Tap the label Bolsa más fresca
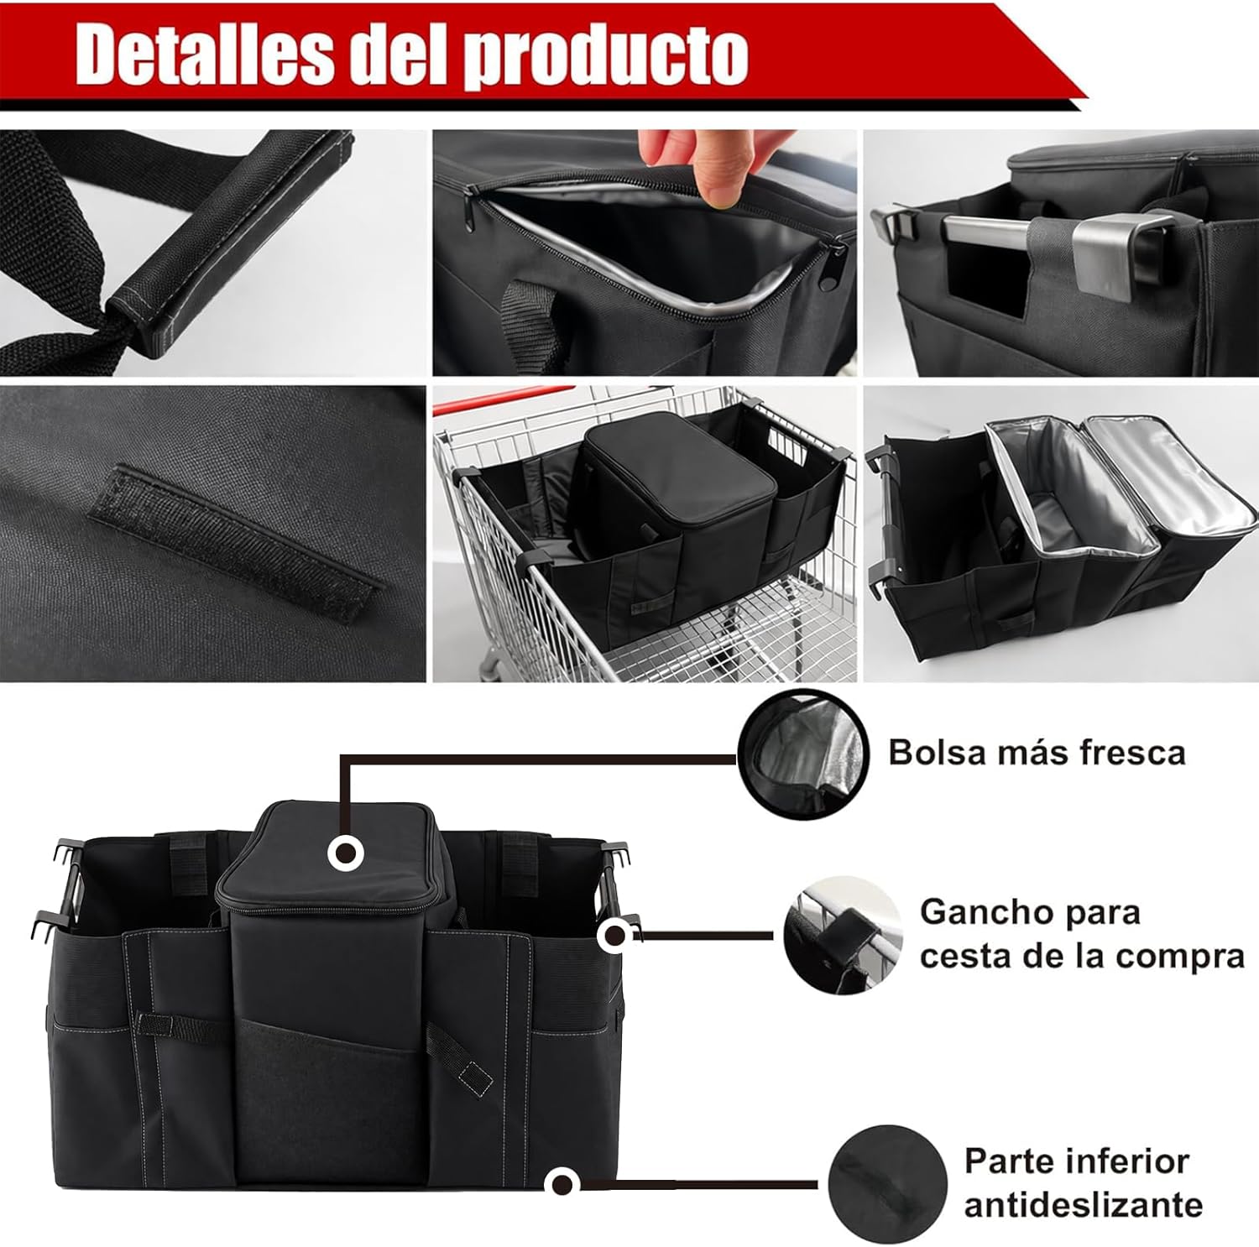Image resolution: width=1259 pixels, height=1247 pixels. [1037, 753]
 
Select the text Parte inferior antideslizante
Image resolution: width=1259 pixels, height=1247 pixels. [1084, 1182]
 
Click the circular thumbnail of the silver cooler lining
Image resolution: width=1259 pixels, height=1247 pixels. [803, 755]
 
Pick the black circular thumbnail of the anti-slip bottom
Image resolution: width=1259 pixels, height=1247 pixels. [888, 1184]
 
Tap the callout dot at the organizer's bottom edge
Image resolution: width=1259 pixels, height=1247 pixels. [562, 1184]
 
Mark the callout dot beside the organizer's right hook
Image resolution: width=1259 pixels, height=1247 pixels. [615, 934]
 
